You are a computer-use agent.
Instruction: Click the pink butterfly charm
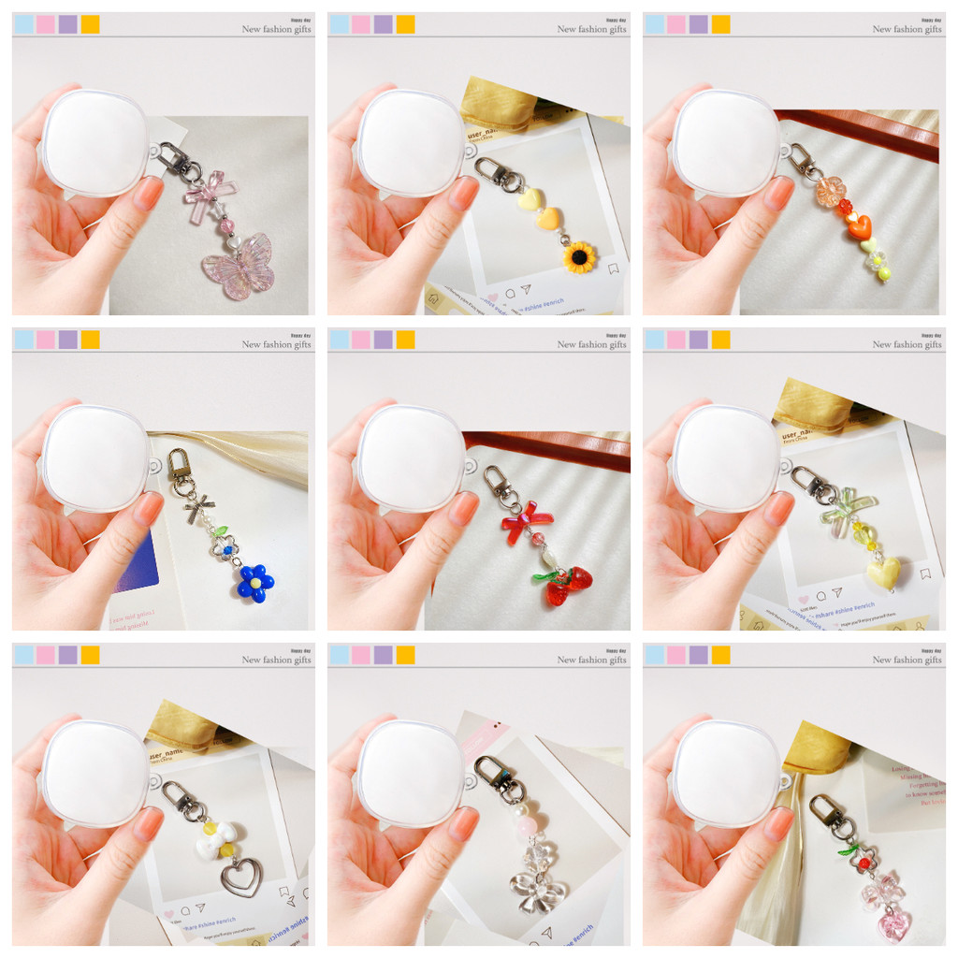239,267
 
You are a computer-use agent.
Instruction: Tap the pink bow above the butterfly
210,195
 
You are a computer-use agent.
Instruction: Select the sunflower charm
579,256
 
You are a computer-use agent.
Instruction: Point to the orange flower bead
829,191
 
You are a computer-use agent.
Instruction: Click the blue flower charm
254,582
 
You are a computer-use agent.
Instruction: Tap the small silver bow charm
197,509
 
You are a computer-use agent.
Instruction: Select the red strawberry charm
567,586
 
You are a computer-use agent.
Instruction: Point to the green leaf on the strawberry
545,575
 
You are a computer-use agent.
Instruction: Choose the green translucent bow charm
846,510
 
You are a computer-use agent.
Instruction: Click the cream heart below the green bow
883,572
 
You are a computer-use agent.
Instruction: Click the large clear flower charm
537,890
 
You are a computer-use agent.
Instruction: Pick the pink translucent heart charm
893,924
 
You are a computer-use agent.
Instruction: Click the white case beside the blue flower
94,458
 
